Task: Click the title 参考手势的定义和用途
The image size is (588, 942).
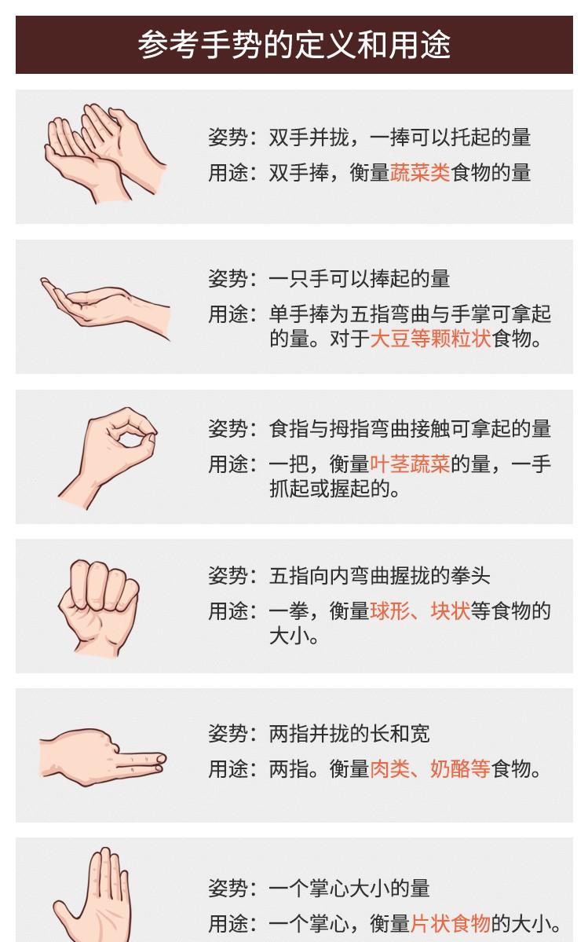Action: (x=294, y=45)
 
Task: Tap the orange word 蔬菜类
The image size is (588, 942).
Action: (x=420, y=173)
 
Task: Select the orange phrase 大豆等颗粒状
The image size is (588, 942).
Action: (x=431, y=339)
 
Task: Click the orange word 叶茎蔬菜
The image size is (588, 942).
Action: (x=410, y=464)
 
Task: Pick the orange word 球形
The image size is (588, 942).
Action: (x=389, y=611)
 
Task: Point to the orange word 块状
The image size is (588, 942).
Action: (x=450, y=611)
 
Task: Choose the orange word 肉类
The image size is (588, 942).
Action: (x=389, y=768)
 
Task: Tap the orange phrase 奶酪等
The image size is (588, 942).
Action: (x=460, y=768)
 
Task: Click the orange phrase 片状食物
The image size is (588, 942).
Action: (x=450, y=923)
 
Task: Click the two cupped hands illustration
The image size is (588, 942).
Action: (x=105, y=153)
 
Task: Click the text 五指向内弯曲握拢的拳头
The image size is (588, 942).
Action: (x=380, y=576)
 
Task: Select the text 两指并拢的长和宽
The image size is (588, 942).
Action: (x=349, y=734)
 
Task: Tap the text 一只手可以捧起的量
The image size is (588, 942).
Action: (x=360, y=279)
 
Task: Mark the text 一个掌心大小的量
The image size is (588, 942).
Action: (x=349, y=888)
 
